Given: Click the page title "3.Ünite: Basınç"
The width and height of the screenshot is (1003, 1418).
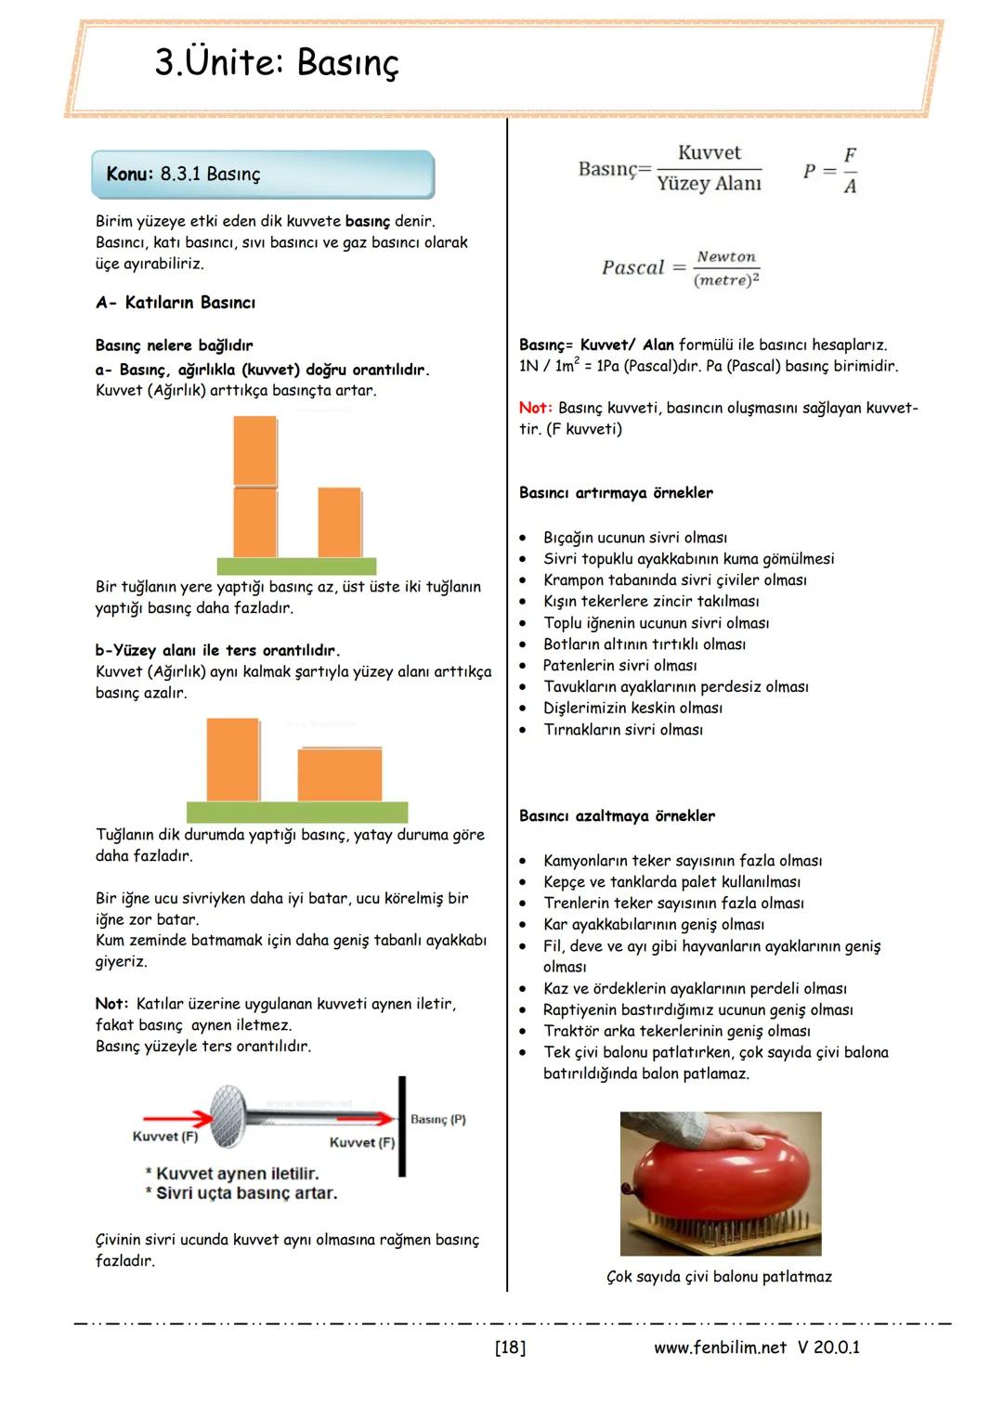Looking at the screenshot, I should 277,63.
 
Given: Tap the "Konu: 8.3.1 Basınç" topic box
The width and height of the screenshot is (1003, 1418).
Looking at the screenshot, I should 263,175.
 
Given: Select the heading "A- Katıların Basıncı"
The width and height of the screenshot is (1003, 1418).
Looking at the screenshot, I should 176,303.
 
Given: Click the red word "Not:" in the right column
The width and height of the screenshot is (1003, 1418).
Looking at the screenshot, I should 535,408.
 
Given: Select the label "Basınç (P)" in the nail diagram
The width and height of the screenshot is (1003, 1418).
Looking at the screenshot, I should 437,1120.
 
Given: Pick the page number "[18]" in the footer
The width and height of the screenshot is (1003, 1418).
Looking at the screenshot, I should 510,1347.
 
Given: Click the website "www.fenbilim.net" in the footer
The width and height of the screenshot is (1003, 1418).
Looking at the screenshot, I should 720,1347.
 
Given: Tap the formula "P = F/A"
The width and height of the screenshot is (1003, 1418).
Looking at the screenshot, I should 830,171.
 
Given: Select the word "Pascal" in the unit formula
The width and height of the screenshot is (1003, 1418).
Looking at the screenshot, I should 632,267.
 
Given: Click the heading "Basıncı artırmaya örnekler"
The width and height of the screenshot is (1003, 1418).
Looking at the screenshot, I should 616,493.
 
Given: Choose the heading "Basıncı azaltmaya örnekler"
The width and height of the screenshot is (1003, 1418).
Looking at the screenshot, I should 617,816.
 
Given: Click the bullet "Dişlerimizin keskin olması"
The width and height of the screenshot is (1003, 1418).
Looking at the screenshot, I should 632,708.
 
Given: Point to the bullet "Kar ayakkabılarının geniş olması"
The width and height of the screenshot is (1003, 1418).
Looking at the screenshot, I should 654,924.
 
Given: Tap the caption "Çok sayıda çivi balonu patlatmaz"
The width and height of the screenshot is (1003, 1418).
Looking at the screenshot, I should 719,1277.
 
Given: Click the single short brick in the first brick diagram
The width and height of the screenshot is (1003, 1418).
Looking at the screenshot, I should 339,522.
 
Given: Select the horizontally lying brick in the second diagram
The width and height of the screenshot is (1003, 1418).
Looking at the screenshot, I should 339,774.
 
